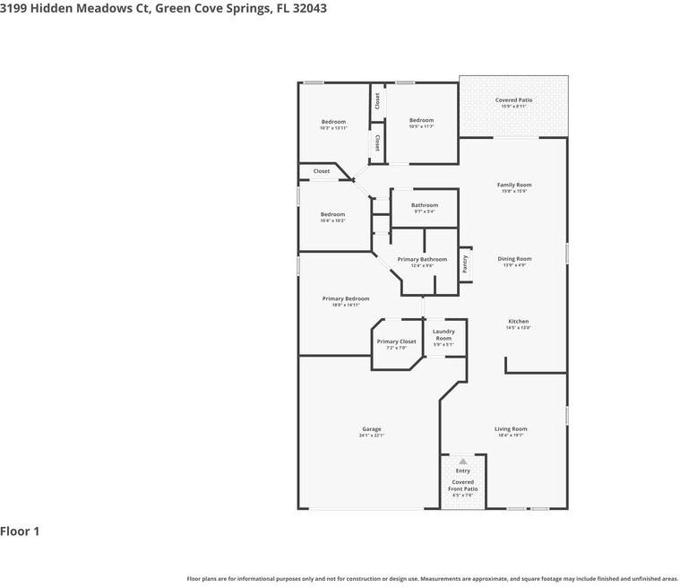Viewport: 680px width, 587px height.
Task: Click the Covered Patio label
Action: click(513, 100)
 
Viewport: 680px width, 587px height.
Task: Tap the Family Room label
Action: click(514, 186)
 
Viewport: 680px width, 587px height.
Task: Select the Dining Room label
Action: click(514, 259)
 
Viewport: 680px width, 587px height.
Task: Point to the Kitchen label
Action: click(518, 322)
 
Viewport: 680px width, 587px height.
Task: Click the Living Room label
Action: click(511, 429)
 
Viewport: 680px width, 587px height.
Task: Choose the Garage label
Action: click(371, 429)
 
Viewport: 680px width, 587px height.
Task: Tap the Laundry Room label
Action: click(443, 334)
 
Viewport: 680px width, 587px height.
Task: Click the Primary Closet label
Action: click(396, 341)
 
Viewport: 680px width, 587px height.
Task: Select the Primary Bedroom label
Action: click(346, 298)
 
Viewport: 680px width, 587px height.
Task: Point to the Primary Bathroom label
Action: click(422, 259)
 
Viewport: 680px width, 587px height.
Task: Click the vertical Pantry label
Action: click(465, 263)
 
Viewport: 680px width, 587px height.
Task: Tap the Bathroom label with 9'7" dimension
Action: click(425, 205)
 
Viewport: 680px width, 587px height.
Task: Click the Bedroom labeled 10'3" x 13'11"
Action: click(333, 122)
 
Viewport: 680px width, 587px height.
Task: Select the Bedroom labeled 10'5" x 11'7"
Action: click(421, 120)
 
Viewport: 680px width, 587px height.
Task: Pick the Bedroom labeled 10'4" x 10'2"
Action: click(332, 214)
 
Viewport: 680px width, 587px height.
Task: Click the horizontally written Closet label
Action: click(321, 171)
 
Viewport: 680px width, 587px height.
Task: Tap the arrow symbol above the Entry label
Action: click(463, 461)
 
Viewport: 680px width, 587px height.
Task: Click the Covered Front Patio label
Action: click(463, 485)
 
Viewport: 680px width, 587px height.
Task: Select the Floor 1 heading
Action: click(20, 531)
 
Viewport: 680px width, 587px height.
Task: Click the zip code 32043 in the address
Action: click(306, 8)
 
